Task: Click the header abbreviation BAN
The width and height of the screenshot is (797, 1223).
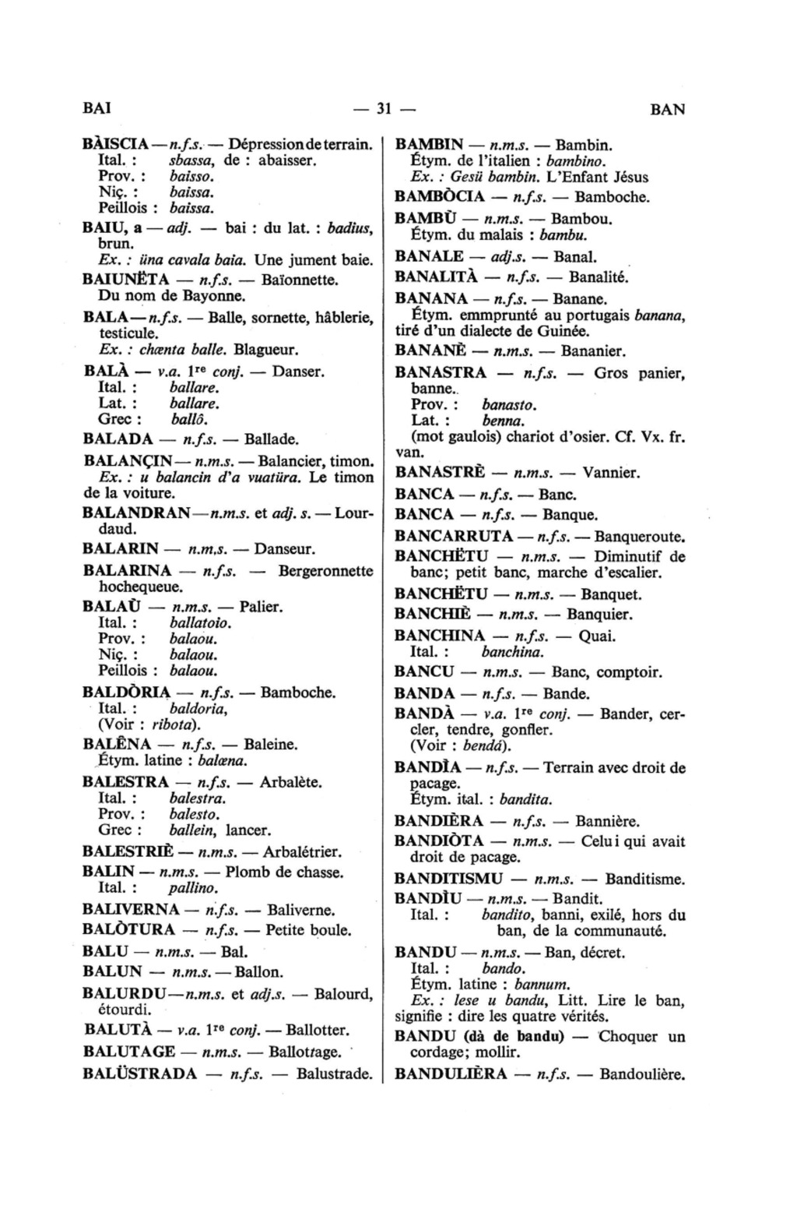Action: pos(668,109)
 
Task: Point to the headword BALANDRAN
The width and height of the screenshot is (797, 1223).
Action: pos(135,513)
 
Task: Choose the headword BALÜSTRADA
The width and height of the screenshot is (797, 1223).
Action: pos(140,1073)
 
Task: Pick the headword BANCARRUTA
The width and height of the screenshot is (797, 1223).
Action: pos(454,536)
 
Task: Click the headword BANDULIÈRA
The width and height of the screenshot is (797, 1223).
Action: pos(451,1074)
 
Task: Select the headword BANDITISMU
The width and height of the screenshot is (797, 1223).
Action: pos(451,879)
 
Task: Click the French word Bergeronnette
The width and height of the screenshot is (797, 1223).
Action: pos(326,571)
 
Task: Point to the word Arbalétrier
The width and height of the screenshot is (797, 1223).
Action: pos(302,851)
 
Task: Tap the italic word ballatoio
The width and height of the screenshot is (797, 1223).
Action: pos(201,623)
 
